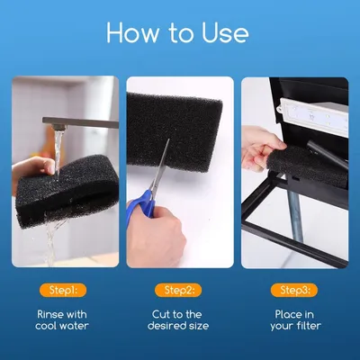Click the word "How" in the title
[133, 32]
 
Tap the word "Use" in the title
[225, 32]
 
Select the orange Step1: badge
[63, 290]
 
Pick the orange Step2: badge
[178, 290]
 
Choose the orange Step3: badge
[294, 290]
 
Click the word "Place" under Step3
[287, 314]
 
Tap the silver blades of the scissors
[160, 165]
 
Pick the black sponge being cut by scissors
[174, 132]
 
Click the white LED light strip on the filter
[313, 117]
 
